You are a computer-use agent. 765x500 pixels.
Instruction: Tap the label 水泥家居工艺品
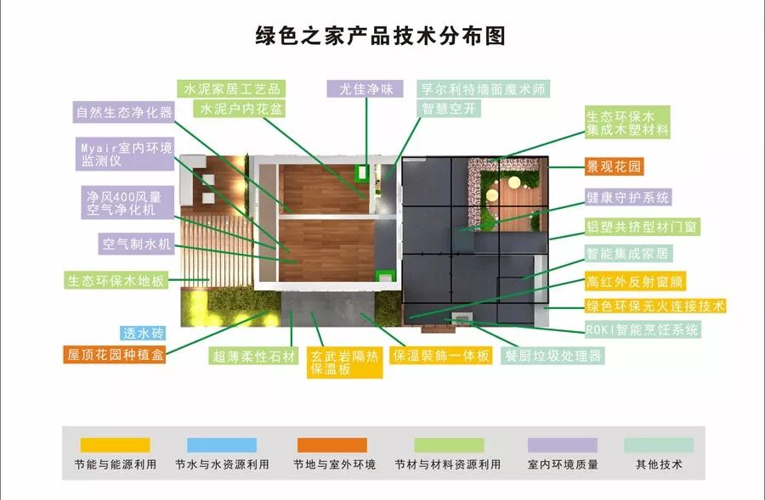230,89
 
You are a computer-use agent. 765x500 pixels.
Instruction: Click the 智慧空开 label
450,110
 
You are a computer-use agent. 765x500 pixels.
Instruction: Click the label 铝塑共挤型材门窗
643,227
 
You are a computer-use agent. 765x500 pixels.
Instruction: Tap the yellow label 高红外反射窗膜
636,282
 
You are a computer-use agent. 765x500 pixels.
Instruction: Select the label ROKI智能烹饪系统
642,329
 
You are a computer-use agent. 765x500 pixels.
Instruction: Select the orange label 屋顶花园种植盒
116,356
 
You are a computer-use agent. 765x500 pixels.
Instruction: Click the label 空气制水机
137,245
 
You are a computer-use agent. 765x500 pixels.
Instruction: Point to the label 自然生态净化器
123,112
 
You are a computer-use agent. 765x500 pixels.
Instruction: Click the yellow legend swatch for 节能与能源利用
115,445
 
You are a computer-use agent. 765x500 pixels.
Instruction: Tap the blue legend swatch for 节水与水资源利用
222,445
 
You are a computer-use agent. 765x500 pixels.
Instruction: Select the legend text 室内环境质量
563,465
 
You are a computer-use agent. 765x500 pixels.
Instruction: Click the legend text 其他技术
659,465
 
